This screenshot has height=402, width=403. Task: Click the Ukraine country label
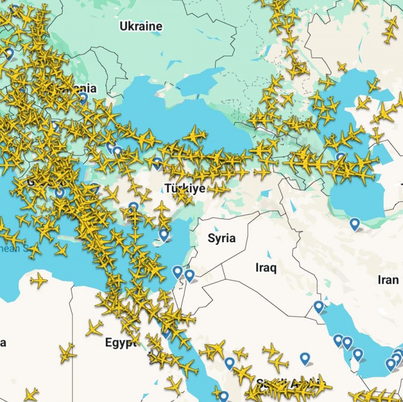[140, 26]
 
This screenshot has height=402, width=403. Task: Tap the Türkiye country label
[185, 189]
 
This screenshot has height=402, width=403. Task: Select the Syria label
[221, 238]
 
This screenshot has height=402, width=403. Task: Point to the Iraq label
[266, 268]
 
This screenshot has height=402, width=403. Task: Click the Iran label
[388, 279]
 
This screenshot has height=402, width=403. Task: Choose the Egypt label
[120, 342]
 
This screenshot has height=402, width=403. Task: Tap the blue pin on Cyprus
[164, 234]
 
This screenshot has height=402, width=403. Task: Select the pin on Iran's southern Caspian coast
[354, 223]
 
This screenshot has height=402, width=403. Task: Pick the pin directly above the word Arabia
[305, 358]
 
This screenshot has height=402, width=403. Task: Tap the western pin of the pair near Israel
[177, 271]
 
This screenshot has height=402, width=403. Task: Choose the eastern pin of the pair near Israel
[189, 275]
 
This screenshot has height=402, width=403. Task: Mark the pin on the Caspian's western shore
[340, 157]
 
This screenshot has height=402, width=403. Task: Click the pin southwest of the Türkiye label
[134, 207]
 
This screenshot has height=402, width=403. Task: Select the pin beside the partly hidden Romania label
[83, 98]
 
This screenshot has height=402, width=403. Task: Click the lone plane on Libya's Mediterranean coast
[39, 281]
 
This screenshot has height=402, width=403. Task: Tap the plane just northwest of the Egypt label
[95, 328]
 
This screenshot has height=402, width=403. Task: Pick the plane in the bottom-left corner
[31, 394]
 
